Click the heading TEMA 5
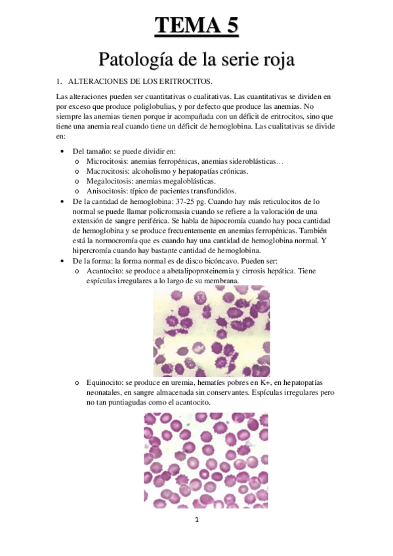tap(196, 26)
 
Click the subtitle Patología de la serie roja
tap(196, 60)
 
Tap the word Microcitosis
tap(107, 161)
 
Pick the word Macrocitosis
tap(107, 170)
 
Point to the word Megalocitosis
tap(108, 181)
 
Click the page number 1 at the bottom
tap(196, 520)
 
